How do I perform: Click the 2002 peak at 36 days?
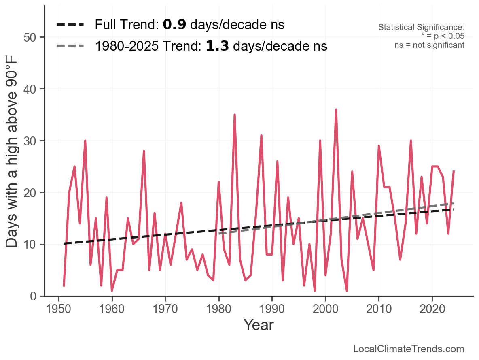click(x=336, y=110)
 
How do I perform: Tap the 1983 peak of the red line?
click(x=235, y=115)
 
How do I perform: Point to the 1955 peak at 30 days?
click(x=85, y=141)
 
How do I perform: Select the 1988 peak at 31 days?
click(x=261, y=136)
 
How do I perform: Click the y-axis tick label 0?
click(x=33, y=296)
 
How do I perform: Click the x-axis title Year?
click(x=259, y=325)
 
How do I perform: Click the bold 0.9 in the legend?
click(x=174, y=25)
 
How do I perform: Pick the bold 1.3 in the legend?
click(x=217, y=46)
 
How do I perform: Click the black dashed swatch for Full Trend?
click(x=70, y=25)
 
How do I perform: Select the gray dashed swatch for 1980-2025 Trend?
click(x=70, y=46)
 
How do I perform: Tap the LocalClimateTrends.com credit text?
click(x=409, y=349)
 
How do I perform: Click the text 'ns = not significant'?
click(x=429, y=45)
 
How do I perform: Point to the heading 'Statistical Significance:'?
click(x=421, y=28)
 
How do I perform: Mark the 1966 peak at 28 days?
click(x=144, y=151)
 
